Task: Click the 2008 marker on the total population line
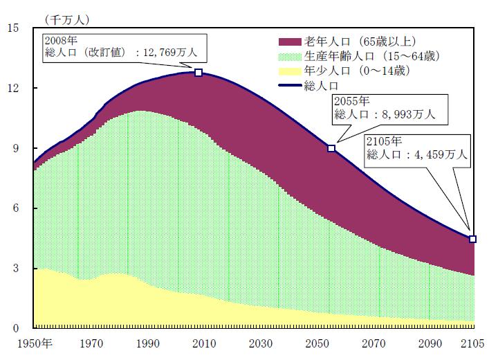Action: [x=199, y=73]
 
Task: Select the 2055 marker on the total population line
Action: [x=331, y=149]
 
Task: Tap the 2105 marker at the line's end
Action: [x=473, y=239]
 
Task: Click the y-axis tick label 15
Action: [x=15, y=28]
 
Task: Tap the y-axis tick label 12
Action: [x=15, y=88]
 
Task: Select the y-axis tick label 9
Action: [x=18, y=148]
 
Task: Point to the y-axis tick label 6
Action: [x=18, y=208]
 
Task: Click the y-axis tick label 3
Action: [x=18, y=269]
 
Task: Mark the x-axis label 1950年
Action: [x=35, y=344]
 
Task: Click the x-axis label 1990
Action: [x=146, y=344]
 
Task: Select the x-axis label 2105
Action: [x=473, y=344]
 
